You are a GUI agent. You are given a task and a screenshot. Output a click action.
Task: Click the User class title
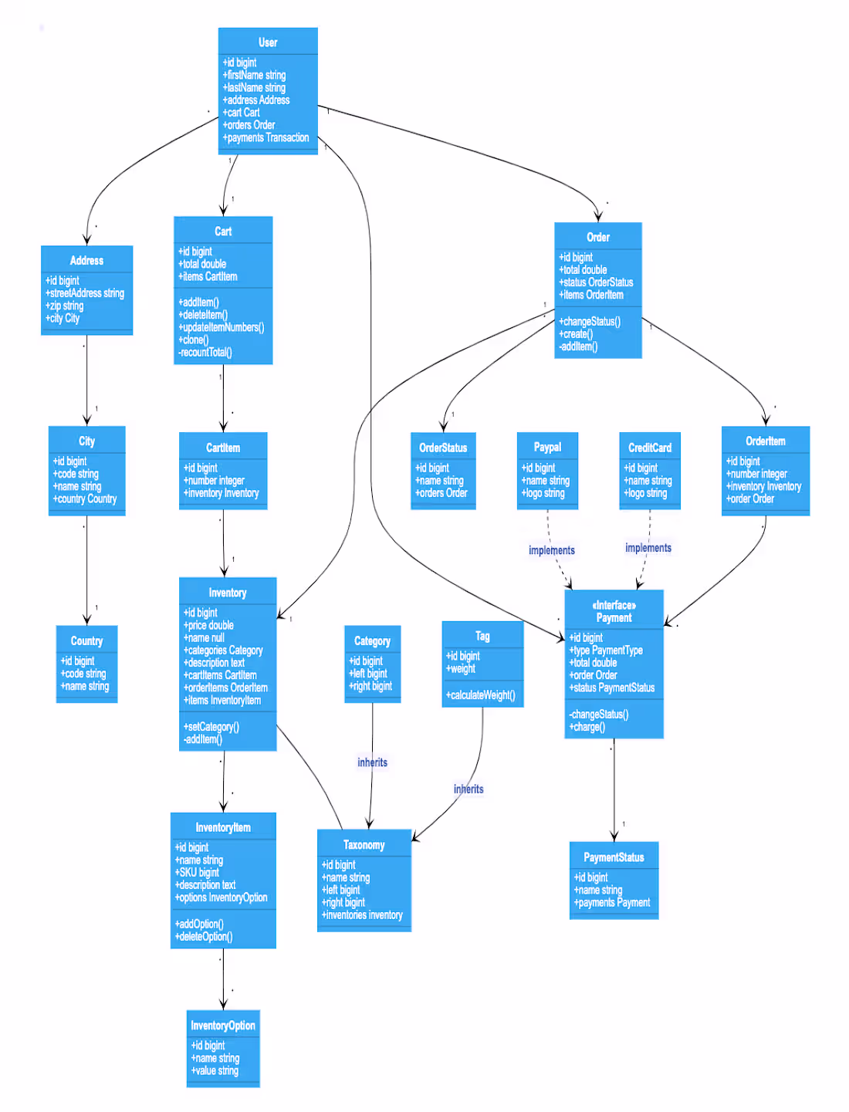(x=268, y=42)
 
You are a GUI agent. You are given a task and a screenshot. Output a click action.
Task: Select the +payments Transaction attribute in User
(x=266, y=138)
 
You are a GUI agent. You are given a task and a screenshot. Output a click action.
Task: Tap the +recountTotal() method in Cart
(x=205, y=353)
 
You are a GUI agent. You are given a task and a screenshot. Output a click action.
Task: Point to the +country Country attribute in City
(x=85, y=499)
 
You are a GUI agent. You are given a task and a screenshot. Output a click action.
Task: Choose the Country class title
(x=86, y=641)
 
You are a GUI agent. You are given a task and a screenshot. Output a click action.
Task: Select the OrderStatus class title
(x=443, y=448)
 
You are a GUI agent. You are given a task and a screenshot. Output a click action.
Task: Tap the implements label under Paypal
(x=552, y=550)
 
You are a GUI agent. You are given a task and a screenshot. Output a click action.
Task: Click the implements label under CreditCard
(x=648, y=548)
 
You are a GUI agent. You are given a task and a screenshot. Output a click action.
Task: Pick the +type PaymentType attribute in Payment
(x=607, y=651)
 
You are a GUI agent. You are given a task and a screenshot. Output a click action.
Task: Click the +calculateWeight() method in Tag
(x=481, y=695)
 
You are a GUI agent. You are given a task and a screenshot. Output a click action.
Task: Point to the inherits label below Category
(x=372, y=762)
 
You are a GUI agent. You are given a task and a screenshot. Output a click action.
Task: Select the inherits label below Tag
(x=468, y=789)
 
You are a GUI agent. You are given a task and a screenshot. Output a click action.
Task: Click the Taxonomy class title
(x=364, y=845)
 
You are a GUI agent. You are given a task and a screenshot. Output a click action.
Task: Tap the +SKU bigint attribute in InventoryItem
(x=198, y=873)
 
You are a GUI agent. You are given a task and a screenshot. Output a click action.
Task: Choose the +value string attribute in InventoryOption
(x=215, y=1071)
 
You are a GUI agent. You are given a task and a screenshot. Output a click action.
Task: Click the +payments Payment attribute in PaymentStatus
(x=612, y=903)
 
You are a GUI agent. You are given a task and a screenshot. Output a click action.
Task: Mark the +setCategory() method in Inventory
(x=211, y=727)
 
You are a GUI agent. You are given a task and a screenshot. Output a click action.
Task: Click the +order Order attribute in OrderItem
(x=750, y=499)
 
